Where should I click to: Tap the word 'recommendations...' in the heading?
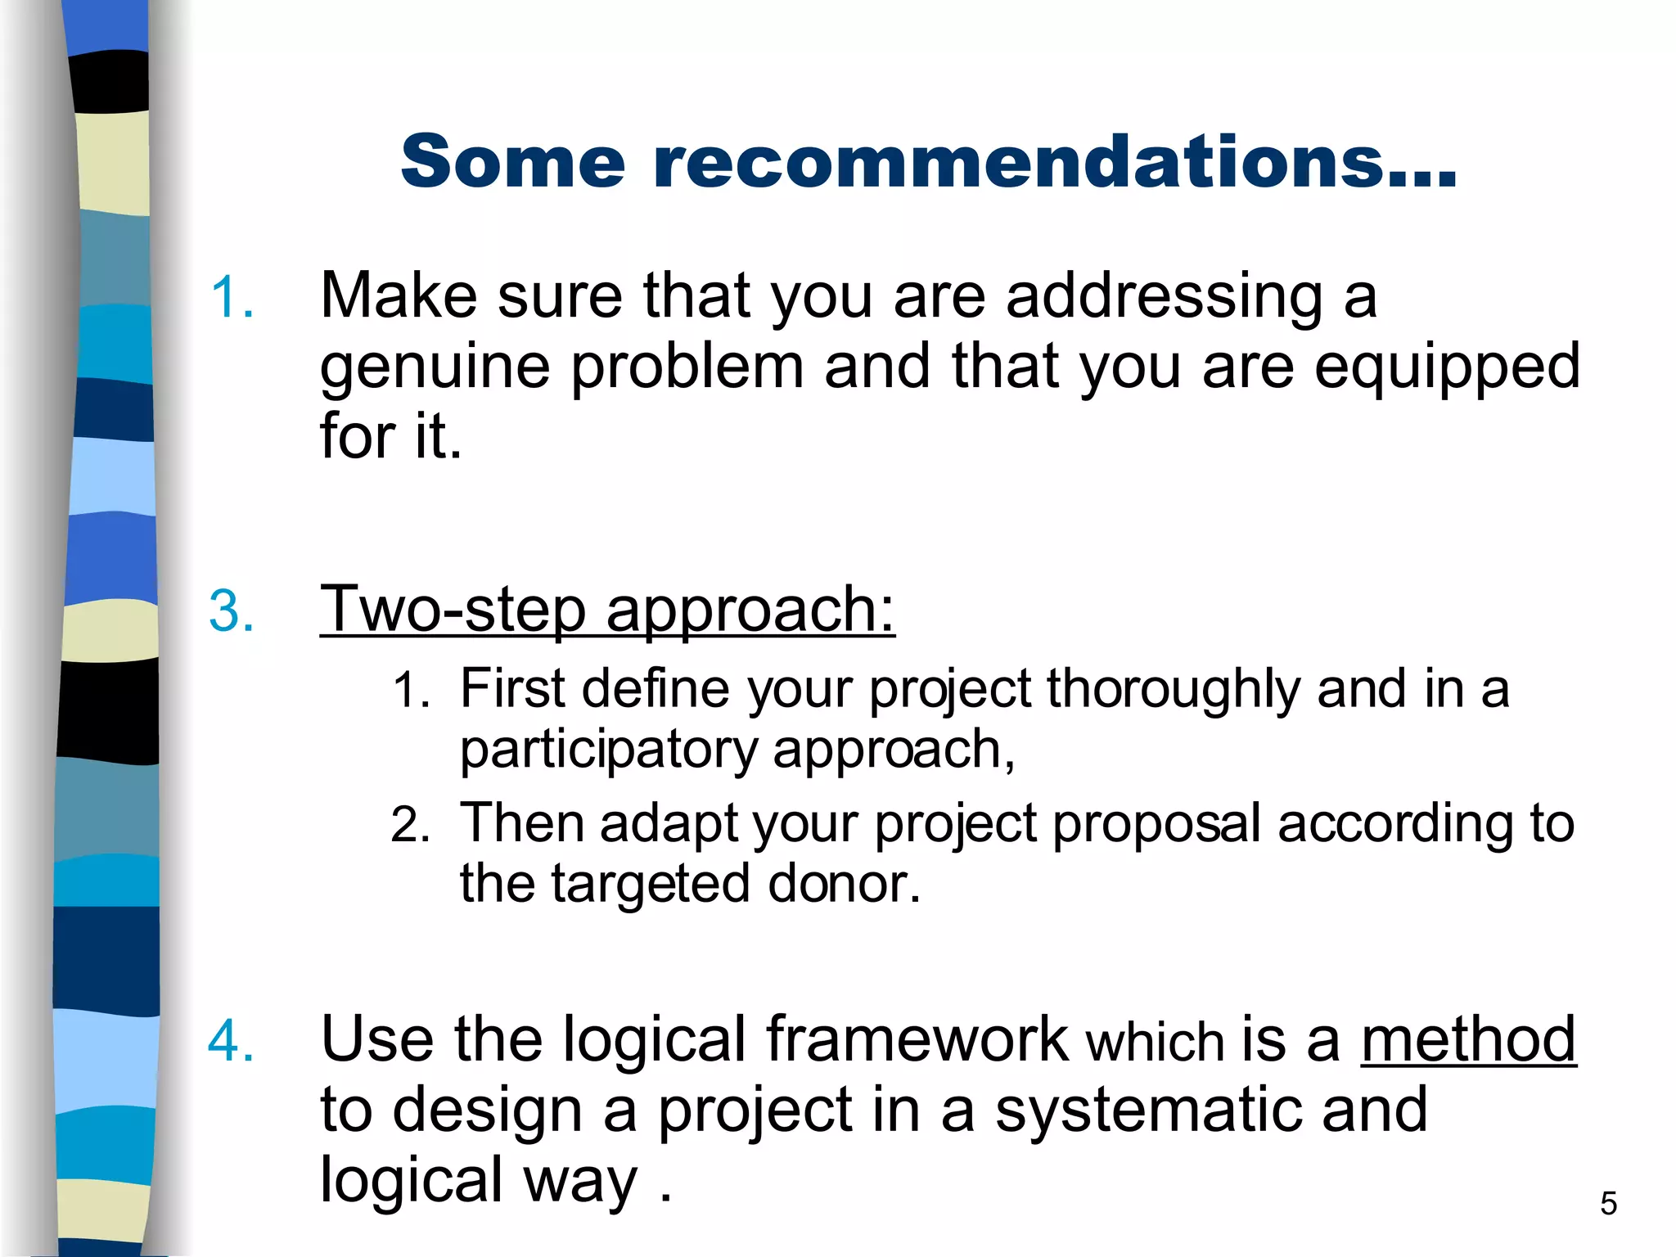[1055, 161]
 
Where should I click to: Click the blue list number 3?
[232, 610]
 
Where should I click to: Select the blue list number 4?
[232, 1041]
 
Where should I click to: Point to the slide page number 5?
[1608, 1204]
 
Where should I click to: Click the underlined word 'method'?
[1468, 1039]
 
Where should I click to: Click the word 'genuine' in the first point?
[435, 367]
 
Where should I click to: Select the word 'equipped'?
[1447, 367]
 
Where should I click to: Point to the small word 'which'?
[1155, 1043]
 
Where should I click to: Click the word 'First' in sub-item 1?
[512, 688]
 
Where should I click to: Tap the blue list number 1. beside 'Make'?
[232, 296]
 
